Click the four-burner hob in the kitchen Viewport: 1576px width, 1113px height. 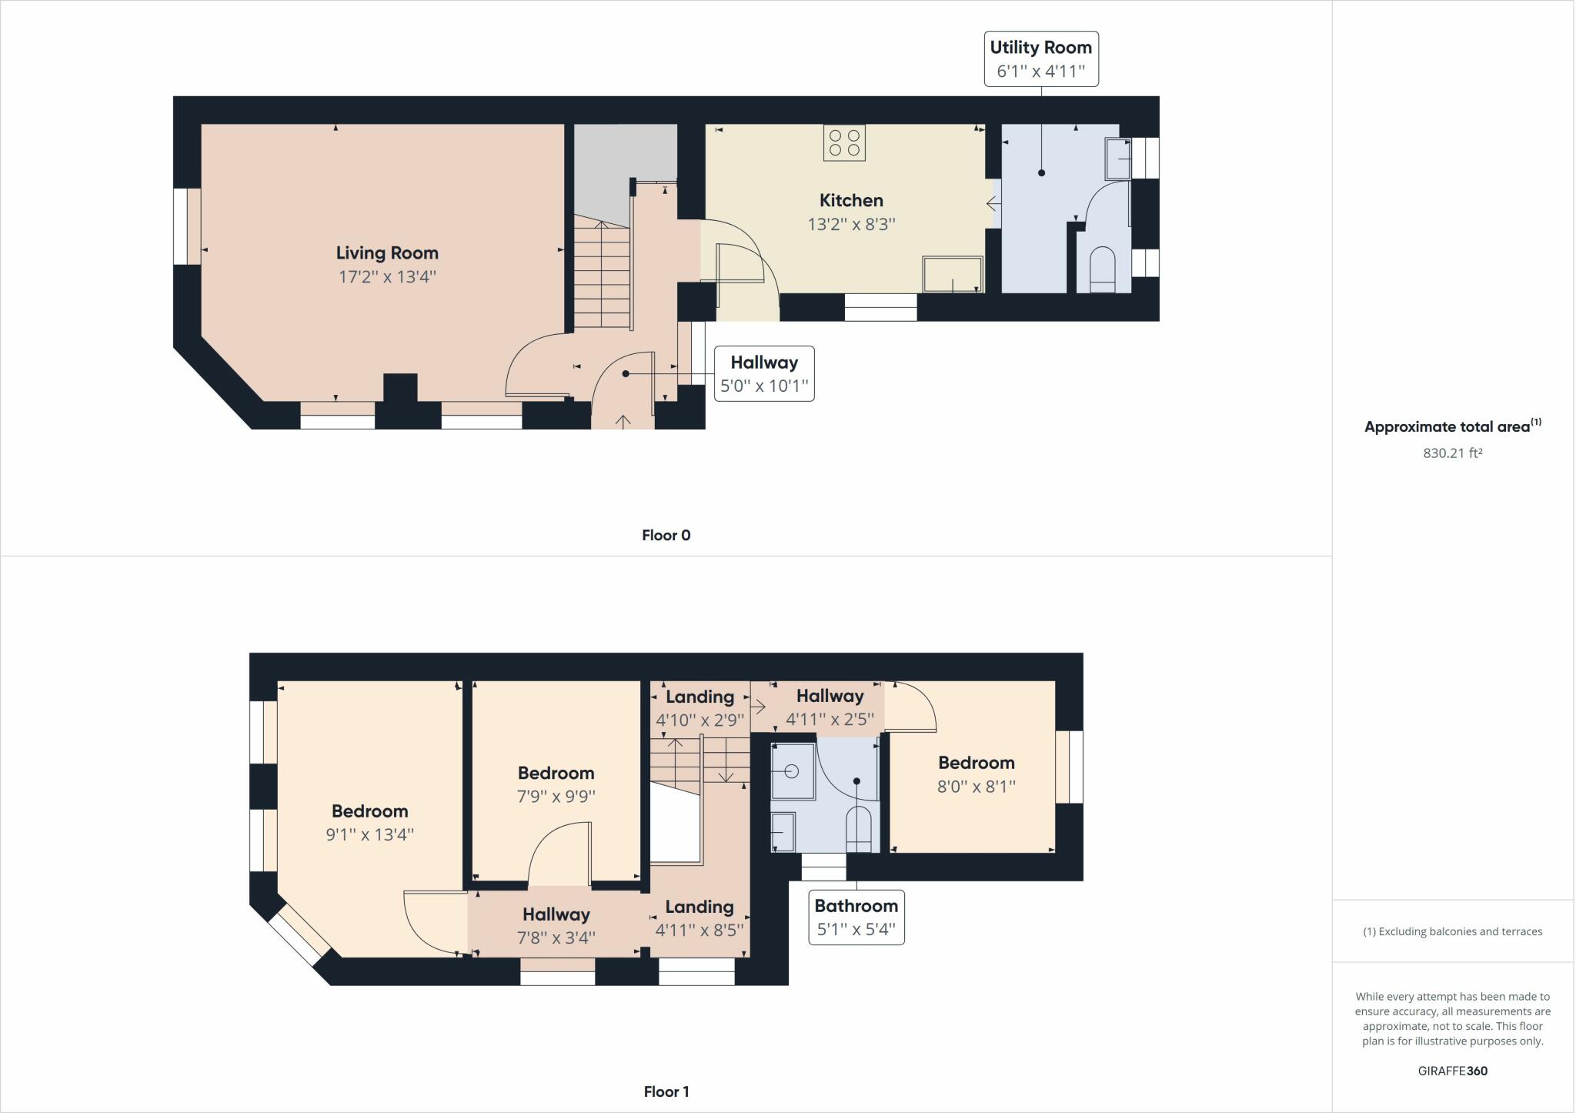tap(844, 143)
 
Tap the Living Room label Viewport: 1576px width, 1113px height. tap(387, 253)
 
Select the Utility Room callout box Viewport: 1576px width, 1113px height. tap(1040, 59)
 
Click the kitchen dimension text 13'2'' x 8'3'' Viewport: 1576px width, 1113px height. tap(851, 224)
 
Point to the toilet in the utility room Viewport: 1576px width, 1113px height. tap(1103, 269)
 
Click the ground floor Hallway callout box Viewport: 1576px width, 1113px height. tap(764, 374)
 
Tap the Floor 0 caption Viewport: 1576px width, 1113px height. tap(666, 535)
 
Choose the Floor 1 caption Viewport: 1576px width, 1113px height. tap(666, 1091)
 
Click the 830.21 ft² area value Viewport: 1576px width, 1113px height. tap(1452, 453)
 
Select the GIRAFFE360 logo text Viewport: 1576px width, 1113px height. tap(1452, 1071)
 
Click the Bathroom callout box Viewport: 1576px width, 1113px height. tap(856, 917)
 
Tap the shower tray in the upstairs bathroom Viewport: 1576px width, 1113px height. tap(793, 771)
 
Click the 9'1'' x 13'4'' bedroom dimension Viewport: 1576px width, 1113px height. tap(369, 834)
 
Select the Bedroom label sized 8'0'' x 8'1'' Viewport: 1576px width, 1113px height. tap(976, 763)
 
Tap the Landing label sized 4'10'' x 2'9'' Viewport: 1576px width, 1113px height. tap(700, 697)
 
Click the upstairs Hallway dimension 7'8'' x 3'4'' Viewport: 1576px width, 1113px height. tap(556, 938)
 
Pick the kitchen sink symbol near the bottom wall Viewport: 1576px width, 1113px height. tap(953, 275)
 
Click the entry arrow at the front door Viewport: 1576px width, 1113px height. tap(623, 421)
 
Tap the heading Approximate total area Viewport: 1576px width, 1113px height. tap(1447, 427)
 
